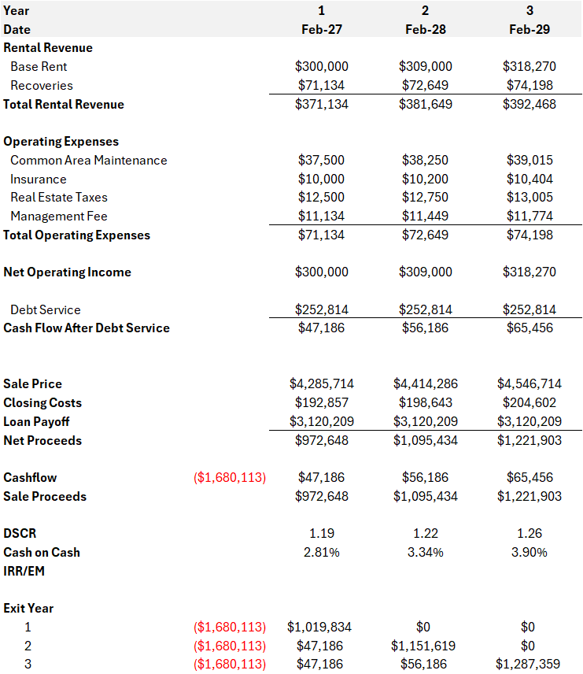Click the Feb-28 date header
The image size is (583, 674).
point(425,29)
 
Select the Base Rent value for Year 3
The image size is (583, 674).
point(529,67)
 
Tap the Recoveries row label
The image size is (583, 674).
point(42,86)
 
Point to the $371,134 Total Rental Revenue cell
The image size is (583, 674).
point(321,104)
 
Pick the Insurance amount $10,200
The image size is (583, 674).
point(425,179)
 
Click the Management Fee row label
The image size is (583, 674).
point(59,216)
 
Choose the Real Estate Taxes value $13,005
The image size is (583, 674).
point(529,198)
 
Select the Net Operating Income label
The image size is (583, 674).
point(68,272)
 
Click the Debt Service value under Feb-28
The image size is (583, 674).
point(425,309)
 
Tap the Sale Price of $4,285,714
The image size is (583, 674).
point(321,384)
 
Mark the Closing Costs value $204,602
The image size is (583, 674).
point(529,403)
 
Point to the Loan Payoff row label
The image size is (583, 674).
point(37,421)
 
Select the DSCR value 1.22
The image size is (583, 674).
point(425,534)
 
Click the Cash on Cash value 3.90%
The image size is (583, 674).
point(529,553)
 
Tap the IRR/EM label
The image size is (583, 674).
point(24,571)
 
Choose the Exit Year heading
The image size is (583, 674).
point(28,609)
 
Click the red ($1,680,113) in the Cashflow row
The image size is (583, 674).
point(230,478)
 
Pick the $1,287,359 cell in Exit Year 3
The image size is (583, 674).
point(529,665)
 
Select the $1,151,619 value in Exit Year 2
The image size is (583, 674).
point(425,646)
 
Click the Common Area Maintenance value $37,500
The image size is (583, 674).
point(321,160)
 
